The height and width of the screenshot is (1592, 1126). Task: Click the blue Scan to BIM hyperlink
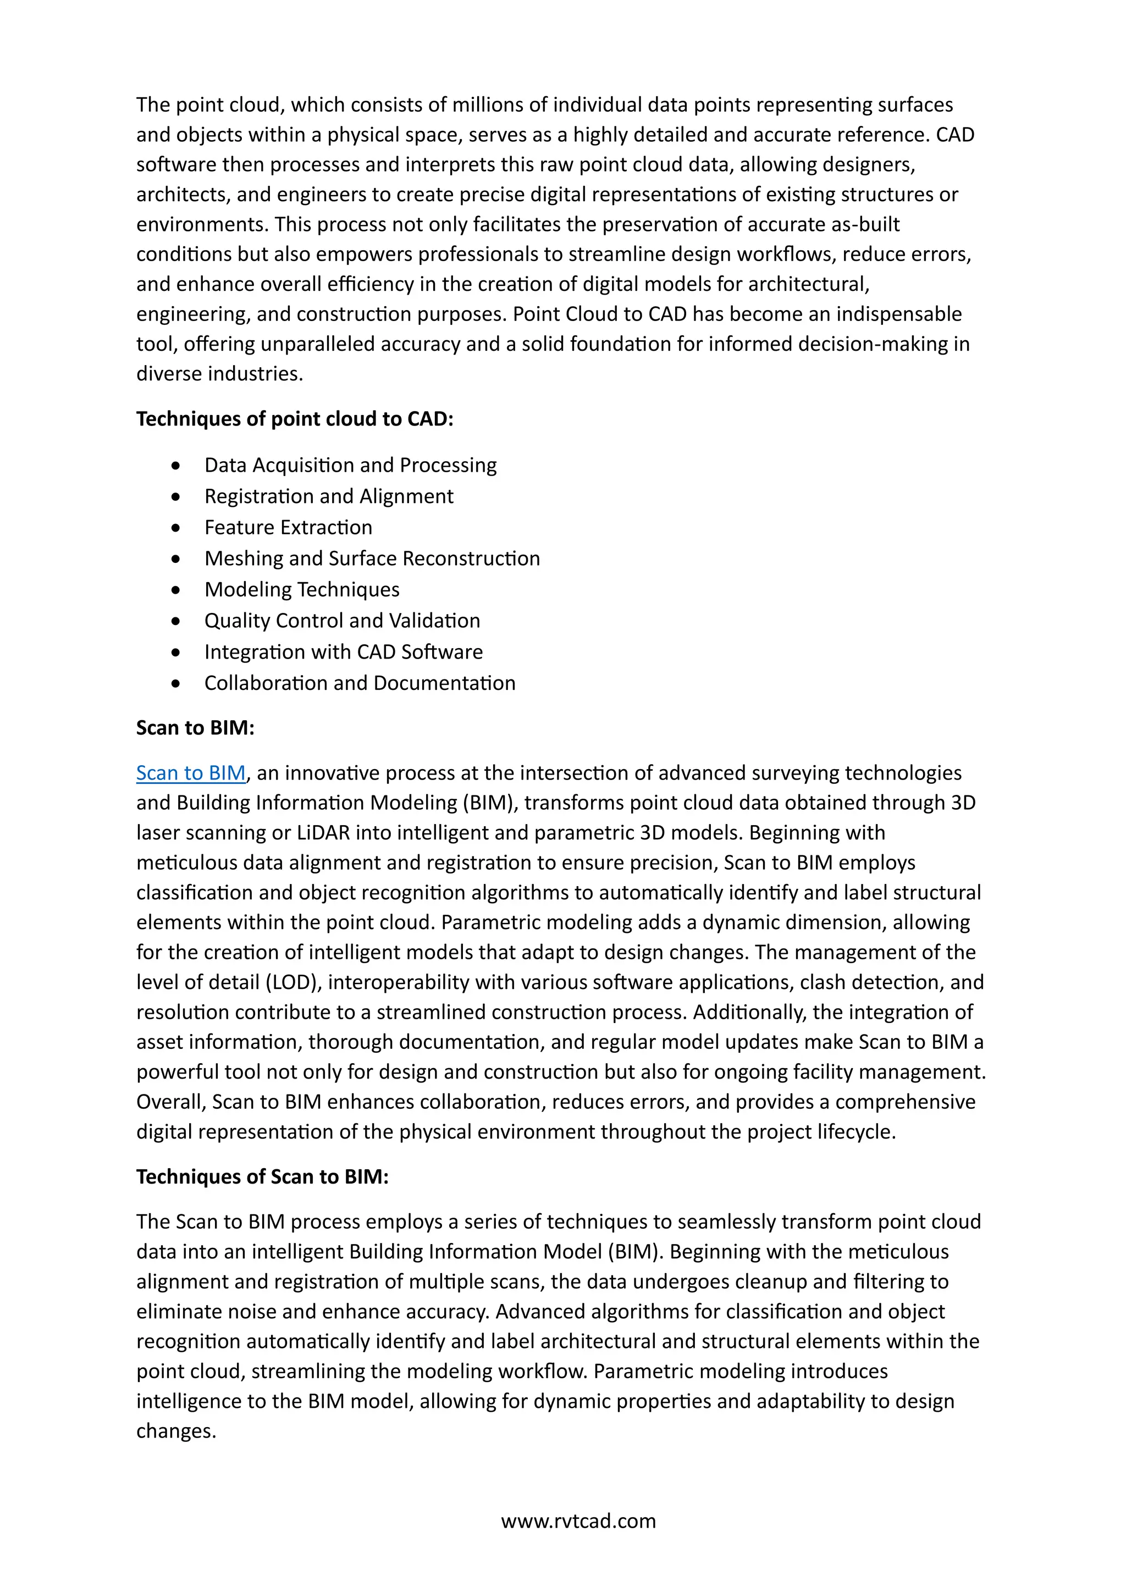pyautogui.click(x=191, y=773)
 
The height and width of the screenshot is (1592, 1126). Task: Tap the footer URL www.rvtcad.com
pyautogui.click(x=578, y=1521)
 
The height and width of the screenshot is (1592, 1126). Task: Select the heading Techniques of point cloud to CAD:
pyautogui.click(x=295, y=419)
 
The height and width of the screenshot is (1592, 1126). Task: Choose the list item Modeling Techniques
pyautogui.click(x=302, y=589)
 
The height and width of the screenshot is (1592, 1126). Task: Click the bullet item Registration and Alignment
pyautogui.click(x=329, y=496)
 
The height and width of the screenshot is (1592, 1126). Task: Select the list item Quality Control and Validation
pyautogui.click(x=342, y=621)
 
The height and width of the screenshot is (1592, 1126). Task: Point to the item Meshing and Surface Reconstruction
pyautogui.click(x=372, y=559)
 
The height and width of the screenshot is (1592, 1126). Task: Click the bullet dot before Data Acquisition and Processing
pyautogui.click(x=176, y=466)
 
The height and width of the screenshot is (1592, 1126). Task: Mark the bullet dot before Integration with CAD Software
pyautogui.click(x=176, y=653)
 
